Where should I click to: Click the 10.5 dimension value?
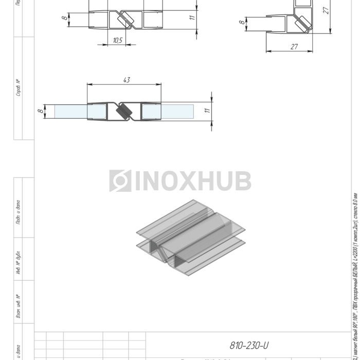pos(117,41)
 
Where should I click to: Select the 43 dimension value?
pos(127,80)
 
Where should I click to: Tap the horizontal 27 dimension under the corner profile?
pos(294,47)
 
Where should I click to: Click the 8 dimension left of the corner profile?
pos(241,23)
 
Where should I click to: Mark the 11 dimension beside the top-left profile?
pos(191,17)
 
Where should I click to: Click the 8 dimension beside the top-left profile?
pos(64,19)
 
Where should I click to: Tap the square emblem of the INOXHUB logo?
pos(120,181)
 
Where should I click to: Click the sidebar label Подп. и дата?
pos(19,212)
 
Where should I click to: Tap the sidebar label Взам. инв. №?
pos(19,306)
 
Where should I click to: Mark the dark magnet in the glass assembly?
pos(124,111)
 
